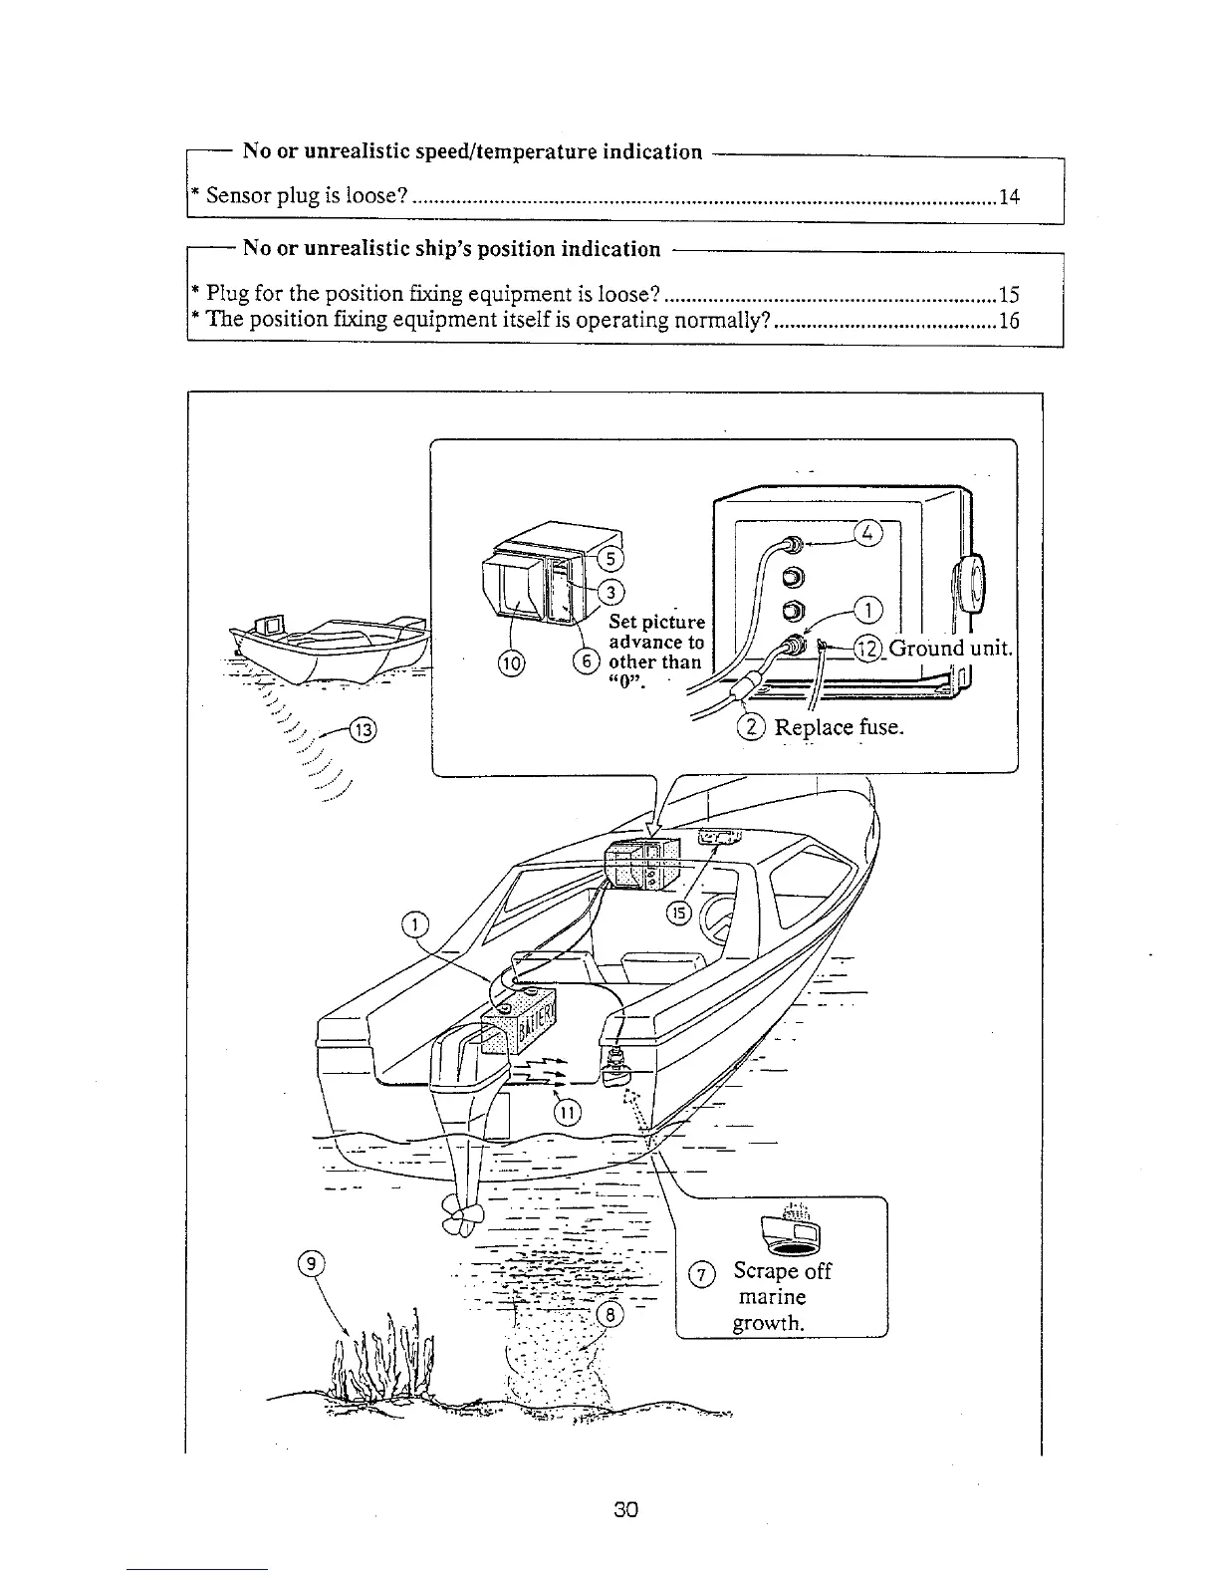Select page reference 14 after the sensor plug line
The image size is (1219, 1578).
point(1009,196)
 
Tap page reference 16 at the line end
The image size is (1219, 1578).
point(1009,321)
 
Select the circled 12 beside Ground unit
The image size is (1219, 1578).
point(869,650)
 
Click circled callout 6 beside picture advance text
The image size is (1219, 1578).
point(588,661)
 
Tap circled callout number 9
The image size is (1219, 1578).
point(312,1264)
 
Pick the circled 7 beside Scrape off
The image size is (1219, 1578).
point(702,1274)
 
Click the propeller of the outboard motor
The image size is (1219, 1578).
point(465,1213)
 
